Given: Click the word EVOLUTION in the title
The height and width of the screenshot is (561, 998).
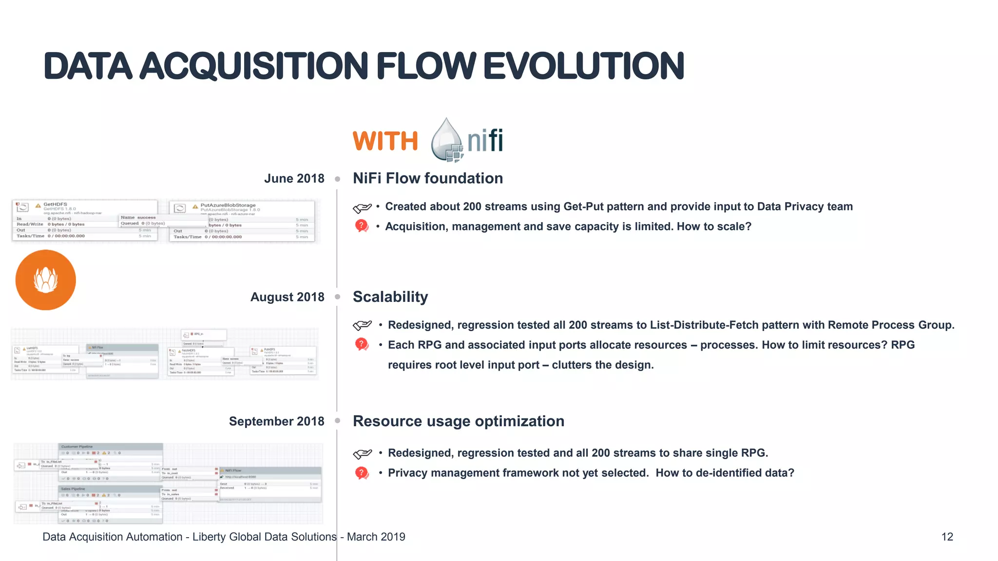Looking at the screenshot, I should click(x=583, y=66).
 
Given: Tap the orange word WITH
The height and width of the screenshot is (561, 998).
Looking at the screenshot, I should click(x=385, y=141).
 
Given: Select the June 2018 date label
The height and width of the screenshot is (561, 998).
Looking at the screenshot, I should click(x=294, y=179).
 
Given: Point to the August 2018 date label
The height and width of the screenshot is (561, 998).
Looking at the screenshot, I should click(x=287, y=297).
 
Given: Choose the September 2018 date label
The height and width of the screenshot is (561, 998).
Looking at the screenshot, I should click(x=276, y=421).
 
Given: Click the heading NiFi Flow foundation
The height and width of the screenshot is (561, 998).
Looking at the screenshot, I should click(x=427, y=178).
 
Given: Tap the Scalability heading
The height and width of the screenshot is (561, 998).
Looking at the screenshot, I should click(x=390, y=297).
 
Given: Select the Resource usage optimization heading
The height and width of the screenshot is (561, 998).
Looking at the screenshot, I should click(x=458, y=421).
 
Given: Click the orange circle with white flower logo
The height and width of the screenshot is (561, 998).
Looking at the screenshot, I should click(x=46, y=280).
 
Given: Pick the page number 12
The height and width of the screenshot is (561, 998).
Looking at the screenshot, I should click(x=947, y=537).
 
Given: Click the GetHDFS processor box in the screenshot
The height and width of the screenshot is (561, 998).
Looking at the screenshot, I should click(x=85, y=221).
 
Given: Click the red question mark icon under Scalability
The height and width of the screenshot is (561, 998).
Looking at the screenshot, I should click(x=362, y=345).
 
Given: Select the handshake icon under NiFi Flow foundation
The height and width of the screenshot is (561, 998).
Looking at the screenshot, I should click(x=362, y=208).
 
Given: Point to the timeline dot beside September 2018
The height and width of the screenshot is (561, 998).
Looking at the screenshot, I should click(x=337, y=421).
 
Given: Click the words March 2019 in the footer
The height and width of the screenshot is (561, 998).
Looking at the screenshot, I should click(x=376, y=537).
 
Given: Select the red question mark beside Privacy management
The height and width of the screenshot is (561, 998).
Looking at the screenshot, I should click(x=362, y=473).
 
